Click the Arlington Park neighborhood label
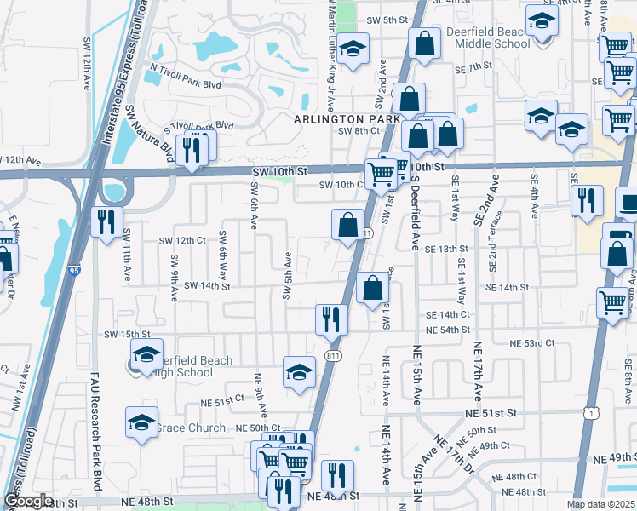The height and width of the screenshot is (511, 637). (348, 119)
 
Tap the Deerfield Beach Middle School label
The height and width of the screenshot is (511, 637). (488, 37)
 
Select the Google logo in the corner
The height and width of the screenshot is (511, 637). (27, 501)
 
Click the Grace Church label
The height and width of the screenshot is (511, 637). (192, 428)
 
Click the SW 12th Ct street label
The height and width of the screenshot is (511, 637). (184, 240)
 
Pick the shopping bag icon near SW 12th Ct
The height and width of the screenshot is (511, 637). (347, 225)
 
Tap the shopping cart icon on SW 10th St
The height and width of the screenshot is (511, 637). (382, 174)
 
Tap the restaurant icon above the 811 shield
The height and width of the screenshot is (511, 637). (331, 319)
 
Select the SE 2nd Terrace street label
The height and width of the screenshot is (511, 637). (493, 233)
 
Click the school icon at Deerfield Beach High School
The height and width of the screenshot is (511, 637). (146, 354)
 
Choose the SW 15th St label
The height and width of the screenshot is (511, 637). (127, 335)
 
